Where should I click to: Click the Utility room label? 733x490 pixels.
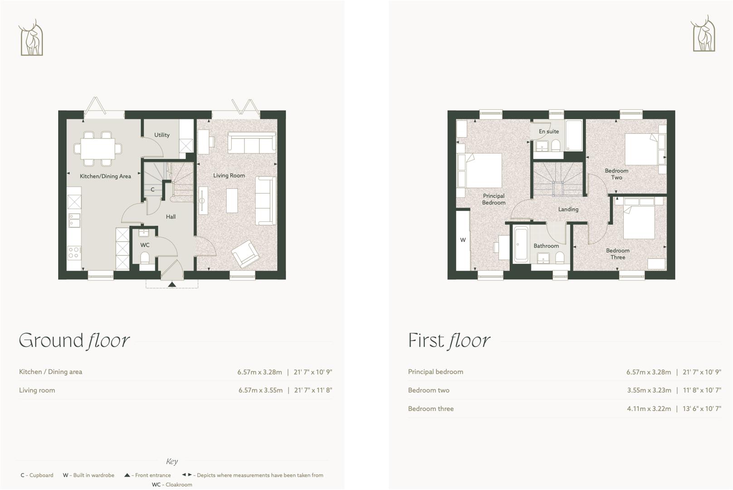pyautogui.click(x=162, y=135)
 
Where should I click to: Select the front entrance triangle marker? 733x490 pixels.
pyautogui.click(x=172, y=284)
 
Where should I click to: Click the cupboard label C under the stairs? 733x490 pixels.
pyautogui.click(x=152, y=190)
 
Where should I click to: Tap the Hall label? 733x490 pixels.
pyautogui.click(x=171, y=217)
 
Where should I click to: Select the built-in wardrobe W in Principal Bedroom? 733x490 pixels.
pyautogui.click(x=463, y=240)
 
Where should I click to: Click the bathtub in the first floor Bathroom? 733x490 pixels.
pyautogui.click(x=520, y=245)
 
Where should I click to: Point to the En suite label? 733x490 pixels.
pyautogui.click(x=549, y=132)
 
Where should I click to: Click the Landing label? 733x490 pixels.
pyautogui.click(x=568, y=210)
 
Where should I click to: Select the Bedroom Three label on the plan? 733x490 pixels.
pyautogui.click(x=618, y=254)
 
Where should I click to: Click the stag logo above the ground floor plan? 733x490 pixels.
pyautogui.click(x=31, y=38)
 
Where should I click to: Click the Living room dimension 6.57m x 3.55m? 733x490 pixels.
pyautogui.click(x=260, y=390)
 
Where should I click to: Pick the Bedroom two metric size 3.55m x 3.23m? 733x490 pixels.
pyautogui.click(x=649, y=390)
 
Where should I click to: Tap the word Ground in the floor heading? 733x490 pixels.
pyautogui.click(x=51, y=341)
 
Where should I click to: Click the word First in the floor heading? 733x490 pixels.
pyautogui.click(x=426, y=341)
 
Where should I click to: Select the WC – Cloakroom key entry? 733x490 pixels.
pyautogui.click(x=172, y=485)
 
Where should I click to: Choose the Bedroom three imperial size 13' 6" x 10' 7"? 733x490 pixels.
pyautogui.click(x=702, y=409)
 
